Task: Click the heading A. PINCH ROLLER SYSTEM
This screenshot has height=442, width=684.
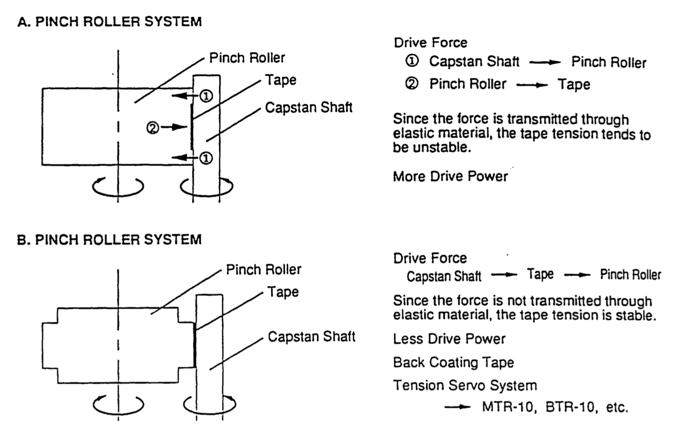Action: click(109, 22)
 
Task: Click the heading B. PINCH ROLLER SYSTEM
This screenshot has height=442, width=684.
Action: click(109, 240)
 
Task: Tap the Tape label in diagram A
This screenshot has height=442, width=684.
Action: click(281, 80)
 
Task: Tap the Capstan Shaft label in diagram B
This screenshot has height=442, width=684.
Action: click(311, 337)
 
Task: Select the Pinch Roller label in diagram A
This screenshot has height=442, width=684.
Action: click(247, 58)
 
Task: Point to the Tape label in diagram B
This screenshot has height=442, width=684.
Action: click(283, 292)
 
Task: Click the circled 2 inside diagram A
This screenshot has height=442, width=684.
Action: click(153, 128)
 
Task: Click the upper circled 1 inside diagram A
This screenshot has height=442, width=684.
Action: click(206, 96)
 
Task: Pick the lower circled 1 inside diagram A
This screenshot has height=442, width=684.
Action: click(206, 158)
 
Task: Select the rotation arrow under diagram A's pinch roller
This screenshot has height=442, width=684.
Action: click(118, 187)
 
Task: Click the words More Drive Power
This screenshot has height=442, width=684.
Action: click(450, 176)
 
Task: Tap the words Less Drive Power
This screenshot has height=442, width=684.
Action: click(449, 339)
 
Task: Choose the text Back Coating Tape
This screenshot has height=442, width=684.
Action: click(453, 362)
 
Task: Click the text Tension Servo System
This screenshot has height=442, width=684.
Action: click(465, 386)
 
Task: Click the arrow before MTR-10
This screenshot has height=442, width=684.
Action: click(457, 407)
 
